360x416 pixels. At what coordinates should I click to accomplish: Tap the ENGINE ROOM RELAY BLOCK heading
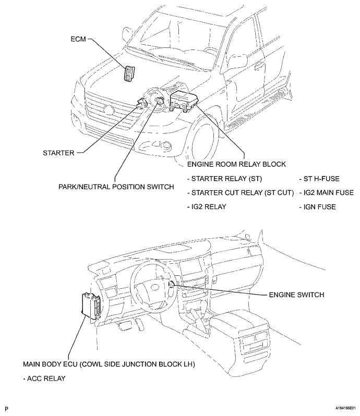coord(236,164)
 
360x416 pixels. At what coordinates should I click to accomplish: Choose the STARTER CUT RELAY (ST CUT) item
coord(240,193)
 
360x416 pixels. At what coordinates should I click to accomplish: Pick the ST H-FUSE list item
coord(319,178)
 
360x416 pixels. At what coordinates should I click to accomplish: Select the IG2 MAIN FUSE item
coord(327,193)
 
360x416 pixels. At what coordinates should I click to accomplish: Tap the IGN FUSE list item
coord(318,207)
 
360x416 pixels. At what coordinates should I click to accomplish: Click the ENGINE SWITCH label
coord(296,295)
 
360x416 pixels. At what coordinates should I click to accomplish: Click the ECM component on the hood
coord(128,74)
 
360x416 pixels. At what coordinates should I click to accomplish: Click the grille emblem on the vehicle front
coord(109,110)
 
